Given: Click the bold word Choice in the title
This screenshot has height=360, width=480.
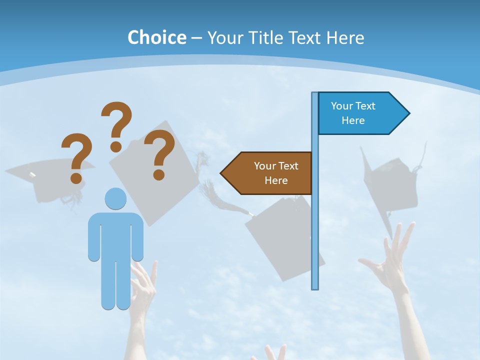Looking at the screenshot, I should pos(156,37).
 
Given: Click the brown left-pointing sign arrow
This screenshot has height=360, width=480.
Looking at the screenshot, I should pos(267,173).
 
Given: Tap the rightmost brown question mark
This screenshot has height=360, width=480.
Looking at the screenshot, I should pos(159,154).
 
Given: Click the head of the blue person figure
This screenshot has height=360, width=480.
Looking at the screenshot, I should pos(115,198).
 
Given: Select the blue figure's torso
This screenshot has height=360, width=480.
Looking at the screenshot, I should pos(115,235).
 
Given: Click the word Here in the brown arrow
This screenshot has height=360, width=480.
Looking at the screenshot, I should pos(276,180).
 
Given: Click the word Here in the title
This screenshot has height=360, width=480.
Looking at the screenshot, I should pos(345,37).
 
